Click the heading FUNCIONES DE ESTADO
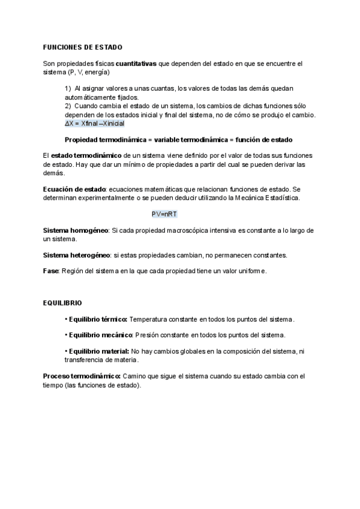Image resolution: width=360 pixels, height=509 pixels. click(x=83, y=47)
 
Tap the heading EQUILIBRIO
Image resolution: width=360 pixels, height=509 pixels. click(x=62, y=303)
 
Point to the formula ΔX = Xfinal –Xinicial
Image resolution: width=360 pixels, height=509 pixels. click(x=94, y=123)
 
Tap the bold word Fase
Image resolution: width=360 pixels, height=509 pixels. click(x=51, y=271)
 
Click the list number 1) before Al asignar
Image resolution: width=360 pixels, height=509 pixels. click(x=68, y=89)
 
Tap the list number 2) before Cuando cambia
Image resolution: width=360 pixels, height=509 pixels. click(x=68, y=106)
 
